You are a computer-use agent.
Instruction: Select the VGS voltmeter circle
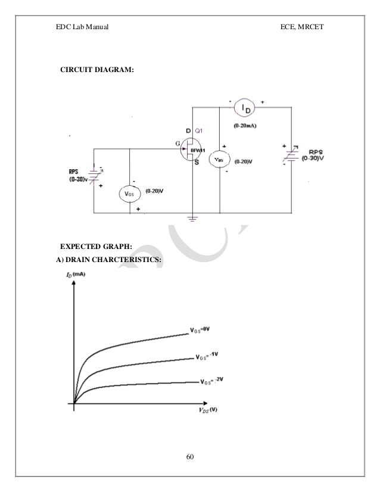[130, 192]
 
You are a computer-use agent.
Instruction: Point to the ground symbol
[192, 219]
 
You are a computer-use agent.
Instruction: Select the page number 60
[190, 457]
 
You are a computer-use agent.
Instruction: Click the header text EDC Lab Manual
[80, 27]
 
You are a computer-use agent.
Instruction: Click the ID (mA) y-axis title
[76, 275]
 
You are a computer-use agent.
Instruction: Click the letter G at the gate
[177, 143]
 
